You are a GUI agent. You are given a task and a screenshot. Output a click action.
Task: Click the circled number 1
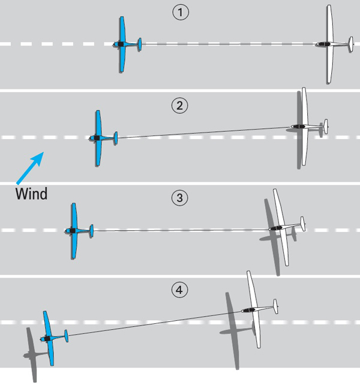click(181, 13)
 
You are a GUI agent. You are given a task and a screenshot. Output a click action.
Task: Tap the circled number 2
click(179, 106)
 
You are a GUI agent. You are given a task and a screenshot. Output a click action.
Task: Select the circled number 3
click(179, 198)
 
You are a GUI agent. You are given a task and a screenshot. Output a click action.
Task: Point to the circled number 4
click(179, 290)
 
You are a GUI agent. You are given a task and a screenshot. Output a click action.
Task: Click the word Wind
click(31, 194)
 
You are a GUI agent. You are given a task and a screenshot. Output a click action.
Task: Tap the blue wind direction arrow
click(30, 168)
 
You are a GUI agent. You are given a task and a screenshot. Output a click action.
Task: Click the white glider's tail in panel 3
click(302, 224)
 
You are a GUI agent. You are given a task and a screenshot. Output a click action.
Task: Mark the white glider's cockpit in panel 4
click(248, 310)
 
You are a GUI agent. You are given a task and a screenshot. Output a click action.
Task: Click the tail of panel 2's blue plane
click(116, 138)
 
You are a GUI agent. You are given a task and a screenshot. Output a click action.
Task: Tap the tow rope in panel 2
click(203, 133)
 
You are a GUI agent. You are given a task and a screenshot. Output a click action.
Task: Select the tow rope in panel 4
click(155, 323)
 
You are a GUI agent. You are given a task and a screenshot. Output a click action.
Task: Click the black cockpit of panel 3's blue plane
click(73, 231)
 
